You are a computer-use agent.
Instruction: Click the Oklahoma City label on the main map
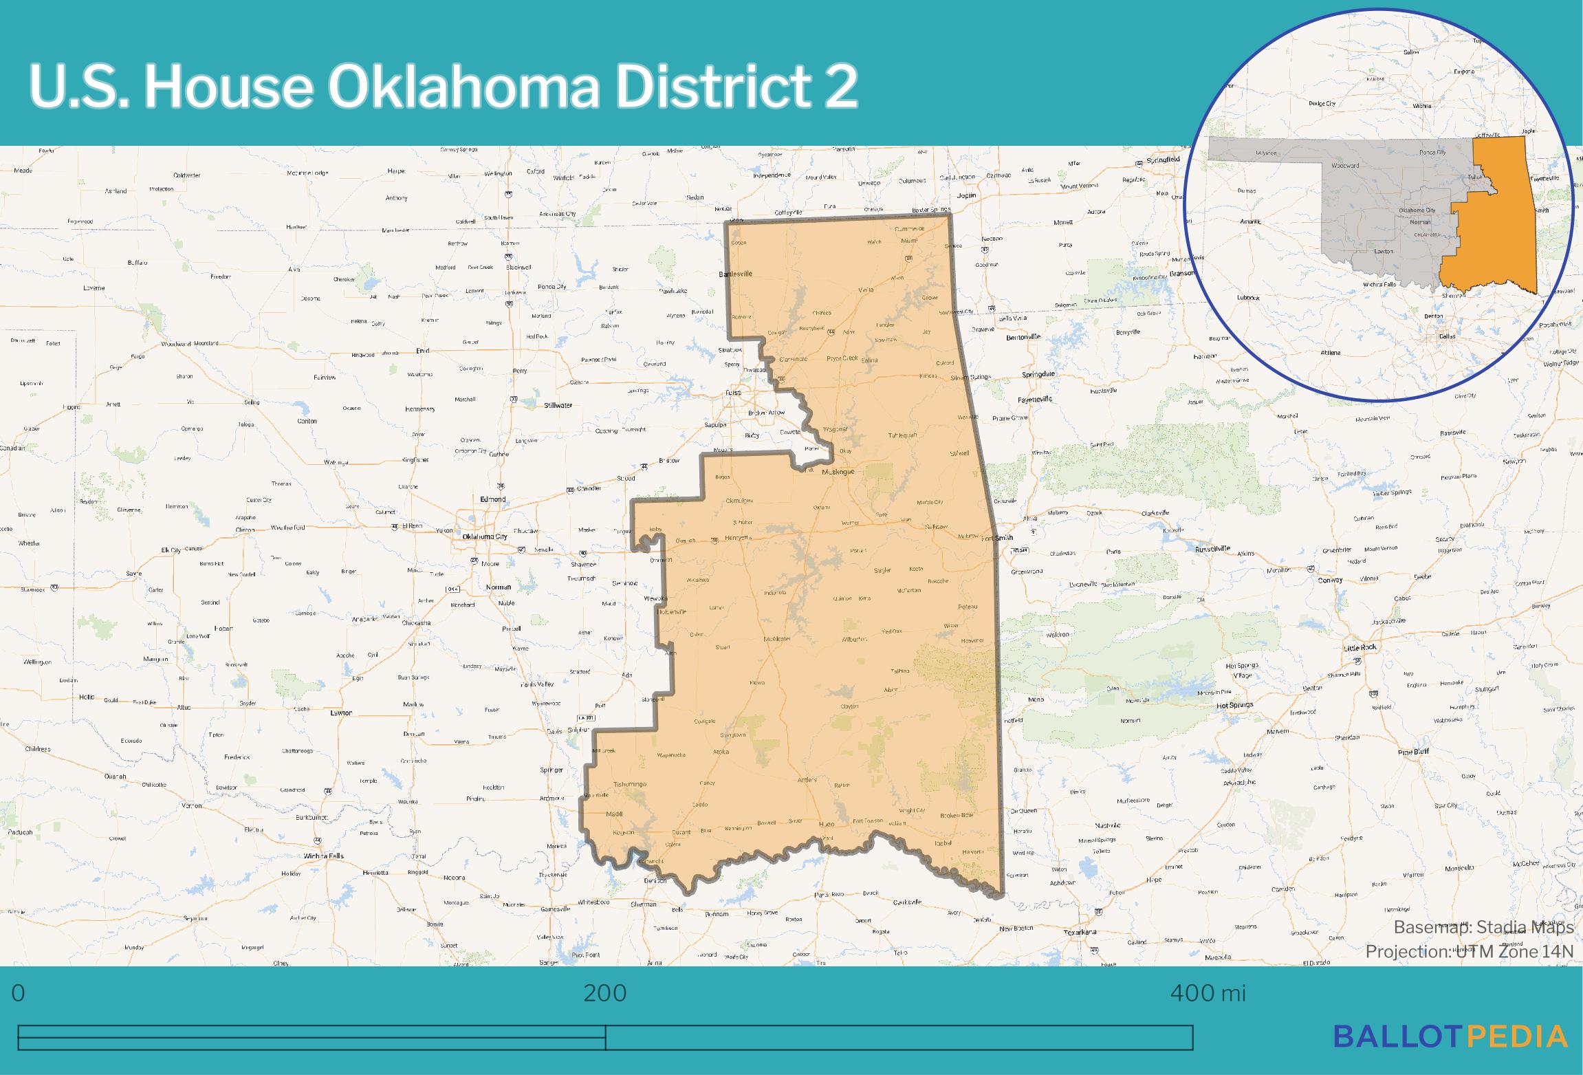point(485,536)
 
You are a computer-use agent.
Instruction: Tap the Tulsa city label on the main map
point(733,393)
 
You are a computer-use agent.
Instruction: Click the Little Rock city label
point(1360,647)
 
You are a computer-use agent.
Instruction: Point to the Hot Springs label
point(1236,705)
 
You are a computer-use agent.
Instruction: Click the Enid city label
point(422,351)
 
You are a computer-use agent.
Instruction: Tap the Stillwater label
point(558,406)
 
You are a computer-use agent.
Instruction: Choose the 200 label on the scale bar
point(605,994)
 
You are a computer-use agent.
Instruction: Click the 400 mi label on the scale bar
point(1208,994)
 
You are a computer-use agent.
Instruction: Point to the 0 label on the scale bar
point(19,994)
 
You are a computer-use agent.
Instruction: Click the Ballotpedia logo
point(1451,1036)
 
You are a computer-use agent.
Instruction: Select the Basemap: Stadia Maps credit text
point(1483,927)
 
